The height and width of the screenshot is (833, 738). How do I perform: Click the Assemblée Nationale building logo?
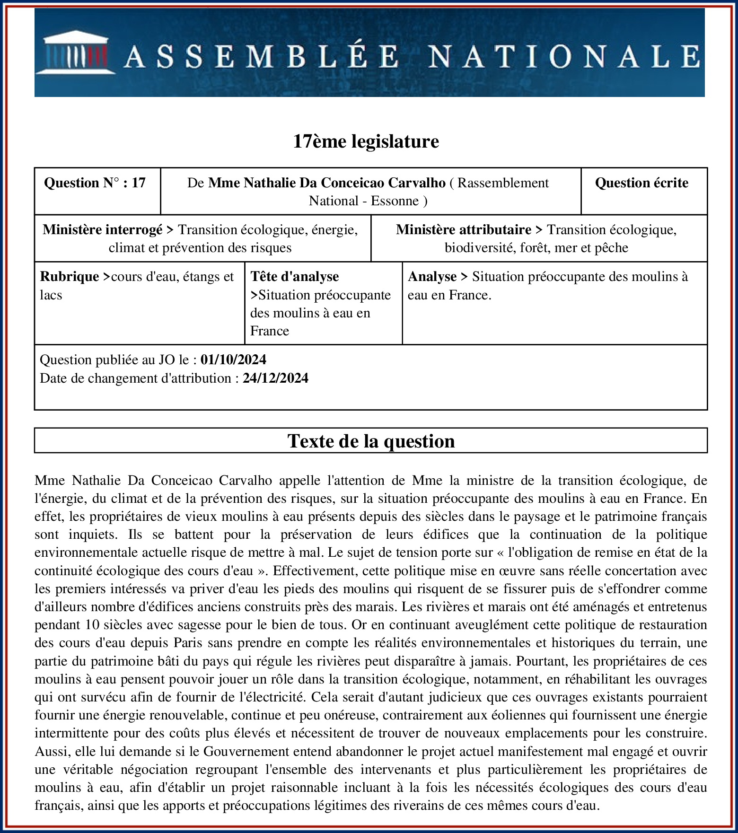click(76, 53)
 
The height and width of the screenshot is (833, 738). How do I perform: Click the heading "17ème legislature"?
click(366, 141)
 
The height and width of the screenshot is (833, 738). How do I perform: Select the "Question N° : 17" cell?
click(95, 183)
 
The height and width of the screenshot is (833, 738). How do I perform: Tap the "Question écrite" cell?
click(641, 183)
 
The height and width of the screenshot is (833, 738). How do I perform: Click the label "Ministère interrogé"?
click(103, 230)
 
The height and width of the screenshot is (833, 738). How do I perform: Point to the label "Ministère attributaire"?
click(464, 230)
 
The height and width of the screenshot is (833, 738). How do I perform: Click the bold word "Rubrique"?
click(70, 277)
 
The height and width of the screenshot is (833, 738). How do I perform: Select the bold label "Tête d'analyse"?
click(295, 277)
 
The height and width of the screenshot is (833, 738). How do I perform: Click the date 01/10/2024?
click(233, 360)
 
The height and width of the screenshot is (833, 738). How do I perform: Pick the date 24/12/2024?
click(275, 378)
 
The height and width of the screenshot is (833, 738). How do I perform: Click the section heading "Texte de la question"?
click(371, 441)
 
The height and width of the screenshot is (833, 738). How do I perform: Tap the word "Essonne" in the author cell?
click(395, 201)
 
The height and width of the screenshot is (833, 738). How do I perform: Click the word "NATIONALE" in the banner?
click(564, 56)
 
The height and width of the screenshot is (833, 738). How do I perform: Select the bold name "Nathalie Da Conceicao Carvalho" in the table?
click(327, 183)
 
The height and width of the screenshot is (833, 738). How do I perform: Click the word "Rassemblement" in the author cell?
click(503, 183)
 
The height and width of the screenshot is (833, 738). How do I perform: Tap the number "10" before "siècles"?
click(92, 625)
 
